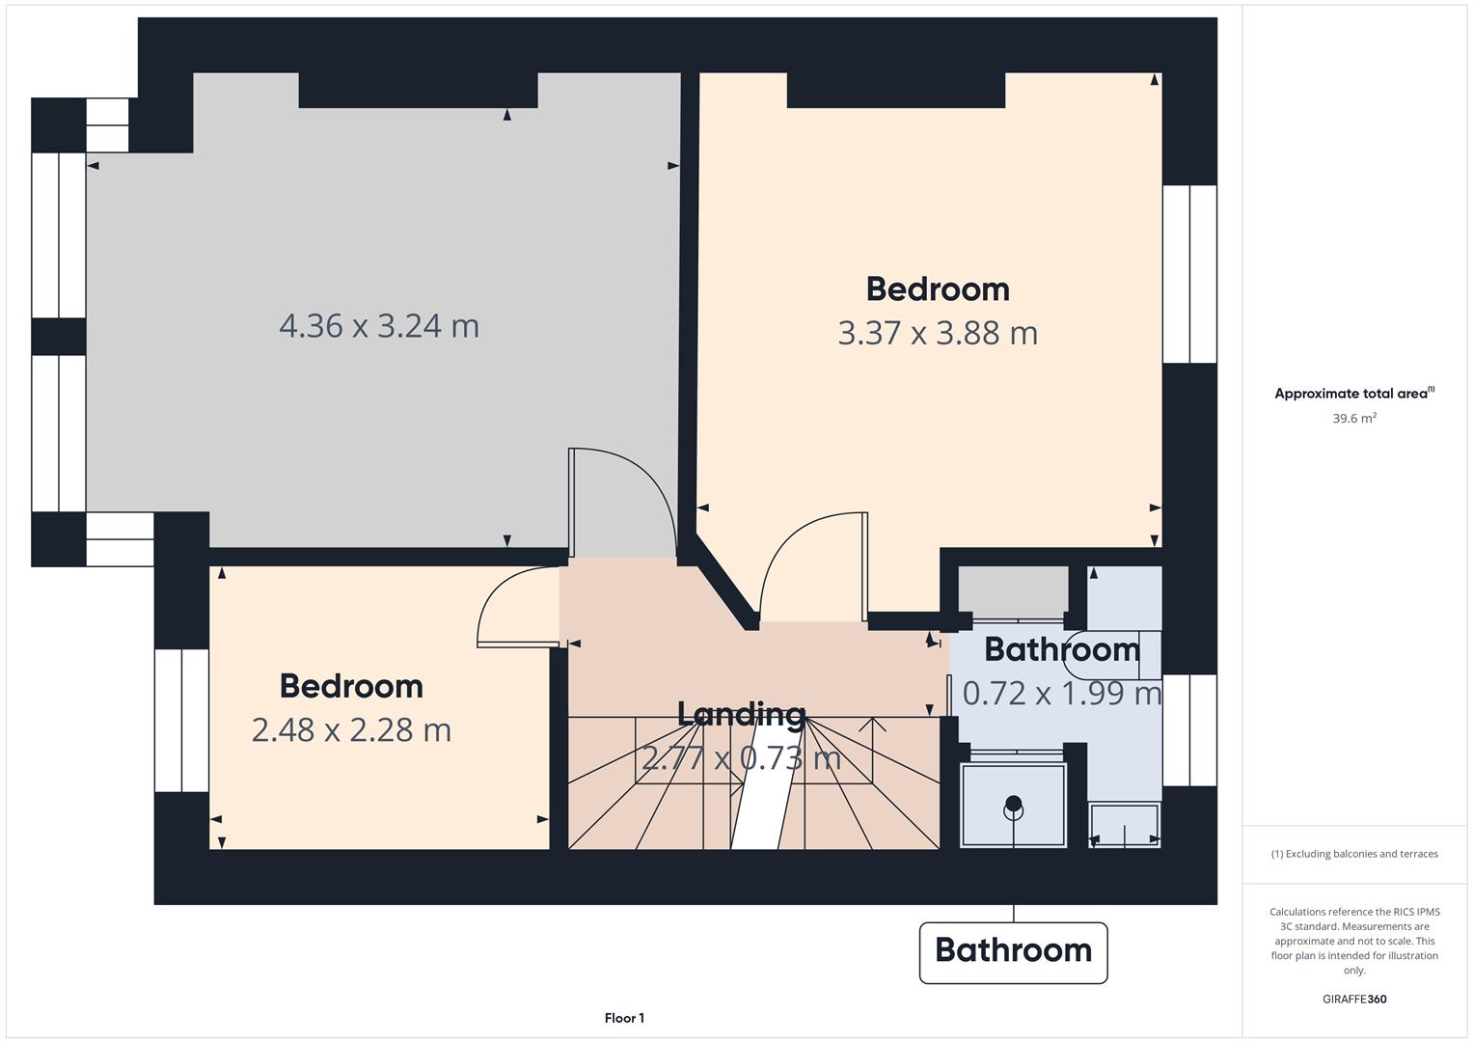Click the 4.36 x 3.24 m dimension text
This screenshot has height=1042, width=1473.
(x=379, y=326)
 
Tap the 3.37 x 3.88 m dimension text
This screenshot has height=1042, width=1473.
(x=938, y=333)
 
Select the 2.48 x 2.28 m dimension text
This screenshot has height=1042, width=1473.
(x=351, y=730)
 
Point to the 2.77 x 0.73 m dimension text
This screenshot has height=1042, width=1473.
(x=741, y=758)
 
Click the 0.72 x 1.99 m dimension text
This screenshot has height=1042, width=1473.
(x=1062, y=694)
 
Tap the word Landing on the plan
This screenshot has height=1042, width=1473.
(x=741, y=714)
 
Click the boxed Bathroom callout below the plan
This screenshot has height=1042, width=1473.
(x=1013, y=952)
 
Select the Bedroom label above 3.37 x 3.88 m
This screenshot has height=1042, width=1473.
(x=938, y=289)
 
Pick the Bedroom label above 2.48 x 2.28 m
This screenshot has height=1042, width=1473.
(x=351, y=687)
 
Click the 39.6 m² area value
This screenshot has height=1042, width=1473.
(x=1354, y=419)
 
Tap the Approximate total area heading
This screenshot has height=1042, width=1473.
(x=1354, y=394)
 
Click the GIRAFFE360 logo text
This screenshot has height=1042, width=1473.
(x=1354, y=999)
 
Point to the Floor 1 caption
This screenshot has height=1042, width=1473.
(x=624, y=1018)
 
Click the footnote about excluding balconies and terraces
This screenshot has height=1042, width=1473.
(x=1354, y=854)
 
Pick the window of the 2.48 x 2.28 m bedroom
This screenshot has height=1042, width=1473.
(x=181, y=721)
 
